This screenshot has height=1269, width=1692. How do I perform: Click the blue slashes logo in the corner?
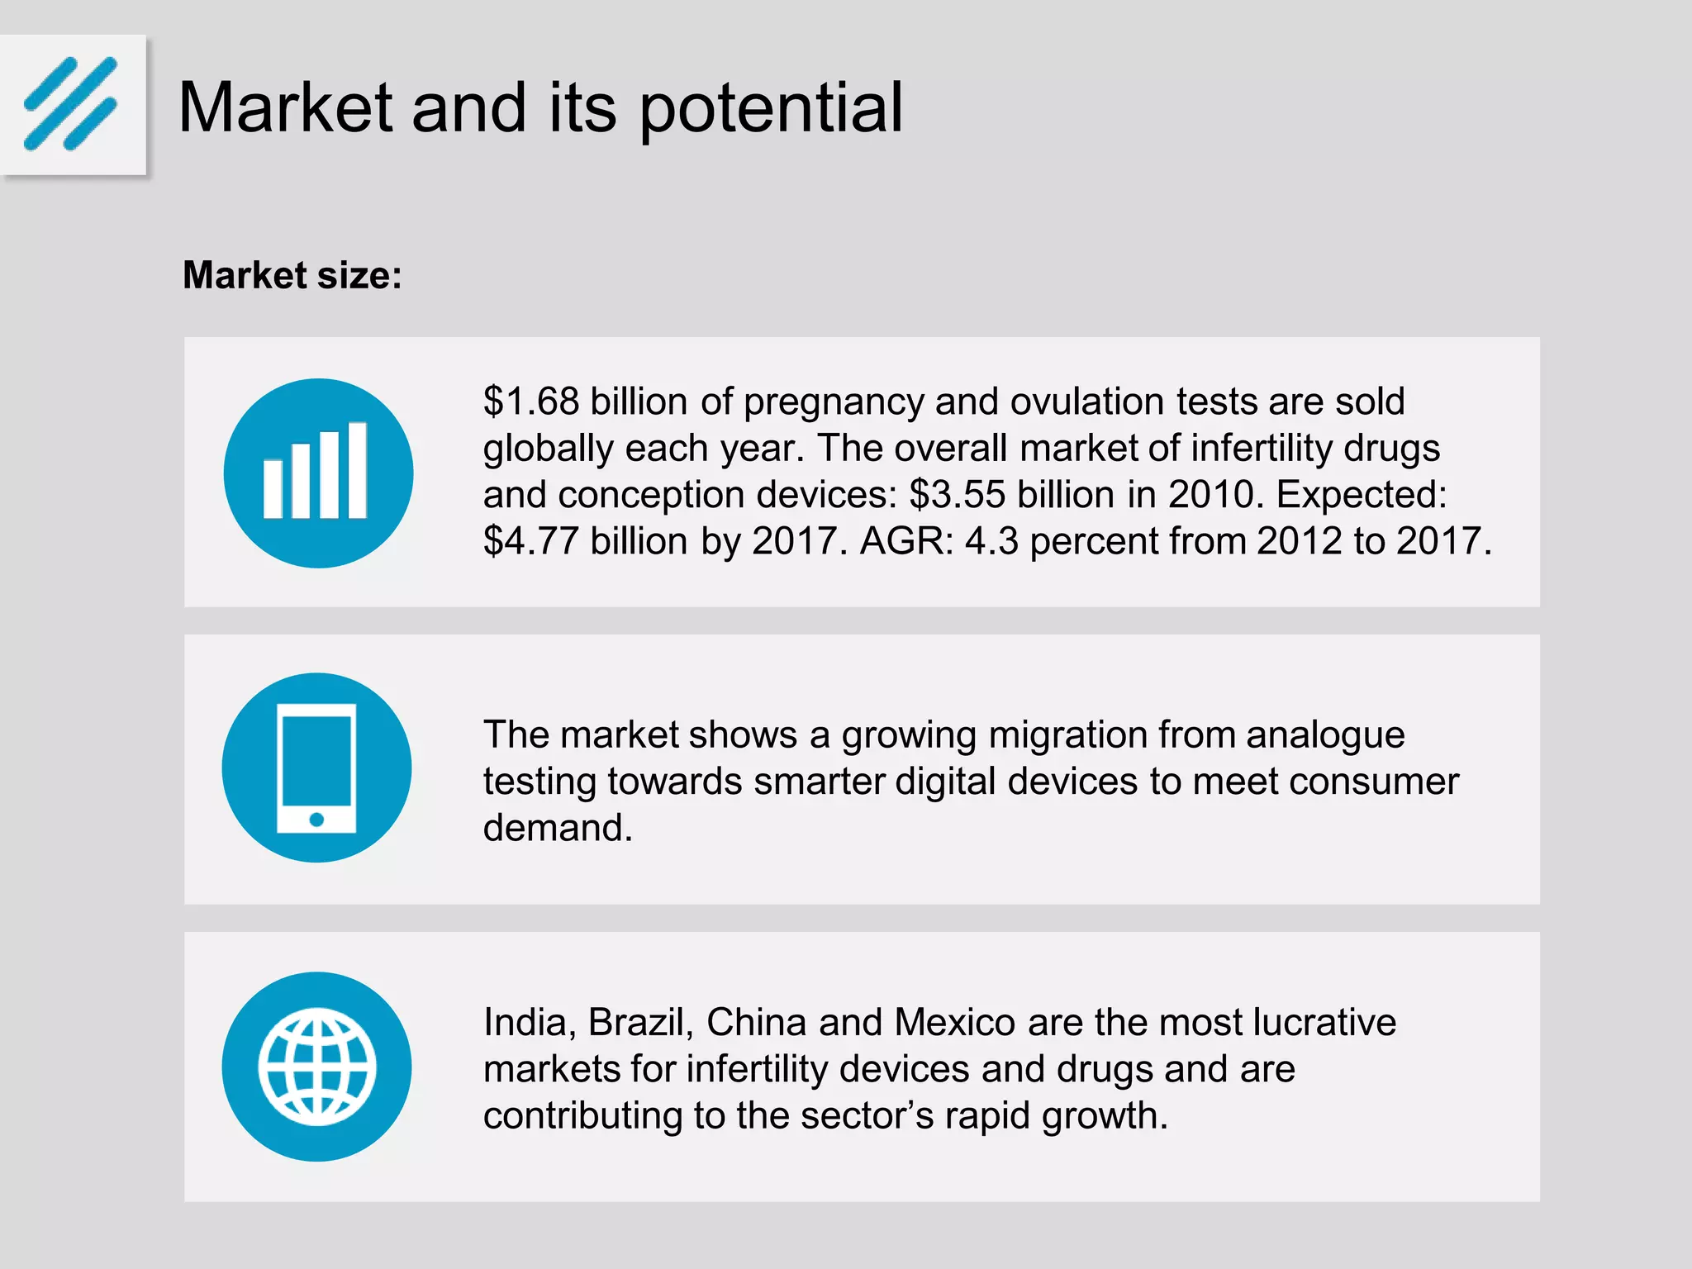click(71, 104)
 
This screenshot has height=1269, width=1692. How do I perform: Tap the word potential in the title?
click(771, 109)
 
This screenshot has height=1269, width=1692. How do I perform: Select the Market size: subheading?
click(292, 275)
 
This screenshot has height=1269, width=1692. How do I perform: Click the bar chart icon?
click(318, 473)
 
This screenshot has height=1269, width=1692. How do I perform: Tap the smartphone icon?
click(316, 768)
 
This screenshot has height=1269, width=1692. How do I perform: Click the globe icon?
click(316, 1066)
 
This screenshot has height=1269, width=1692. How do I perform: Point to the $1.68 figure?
click(531, 402)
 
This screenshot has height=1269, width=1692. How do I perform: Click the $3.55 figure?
click(958, 495)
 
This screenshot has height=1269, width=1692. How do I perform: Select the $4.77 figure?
click(531, 541)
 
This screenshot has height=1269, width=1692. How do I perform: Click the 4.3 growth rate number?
click(991, 541)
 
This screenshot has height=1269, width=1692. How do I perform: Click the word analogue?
click(1325, 734)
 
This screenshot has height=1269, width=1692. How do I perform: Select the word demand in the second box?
click(558, 828)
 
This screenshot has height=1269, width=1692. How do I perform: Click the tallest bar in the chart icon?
click(358, 470)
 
